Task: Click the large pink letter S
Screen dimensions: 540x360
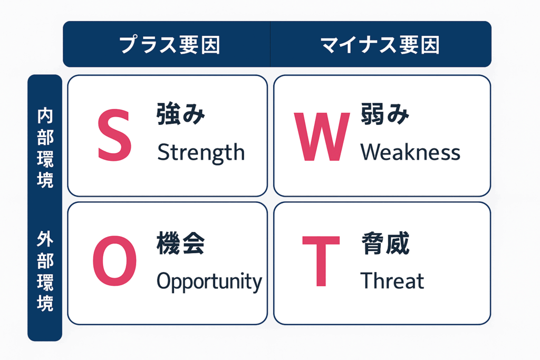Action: [x=114, y=135]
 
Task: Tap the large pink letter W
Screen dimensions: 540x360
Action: [x=322, y=137]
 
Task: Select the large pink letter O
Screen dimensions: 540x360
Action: [x=114, y=261]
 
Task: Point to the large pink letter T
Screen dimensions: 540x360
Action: [x=321, y=261]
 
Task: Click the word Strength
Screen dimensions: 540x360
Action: [x=201, y=153]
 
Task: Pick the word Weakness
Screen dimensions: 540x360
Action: [x=410, y=152]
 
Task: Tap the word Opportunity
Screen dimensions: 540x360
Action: [x=209, y=281]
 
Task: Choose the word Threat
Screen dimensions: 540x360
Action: [x=392, y=280]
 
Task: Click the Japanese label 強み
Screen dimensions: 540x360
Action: [x=180, y=114]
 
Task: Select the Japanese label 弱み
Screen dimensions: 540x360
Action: [x=385, y=114]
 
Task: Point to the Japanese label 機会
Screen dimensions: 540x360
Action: [x=180, y=243]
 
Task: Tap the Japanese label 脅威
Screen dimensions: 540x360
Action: [x=385, y=243]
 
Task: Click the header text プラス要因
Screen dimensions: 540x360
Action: [x=169, y=45]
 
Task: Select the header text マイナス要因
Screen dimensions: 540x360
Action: [x=380, y=45]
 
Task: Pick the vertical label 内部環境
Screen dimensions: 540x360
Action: [x=45, y=148]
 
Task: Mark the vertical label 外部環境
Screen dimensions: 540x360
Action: [x=45, y=271]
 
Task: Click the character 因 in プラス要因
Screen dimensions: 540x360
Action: [x=210, y=45]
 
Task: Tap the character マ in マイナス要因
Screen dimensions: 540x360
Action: [x=330, y=45]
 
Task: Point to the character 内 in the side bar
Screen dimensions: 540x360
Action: [x=45, y=115]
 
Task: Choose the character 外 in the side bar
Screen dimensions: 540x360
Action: [x=45, y=239]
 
